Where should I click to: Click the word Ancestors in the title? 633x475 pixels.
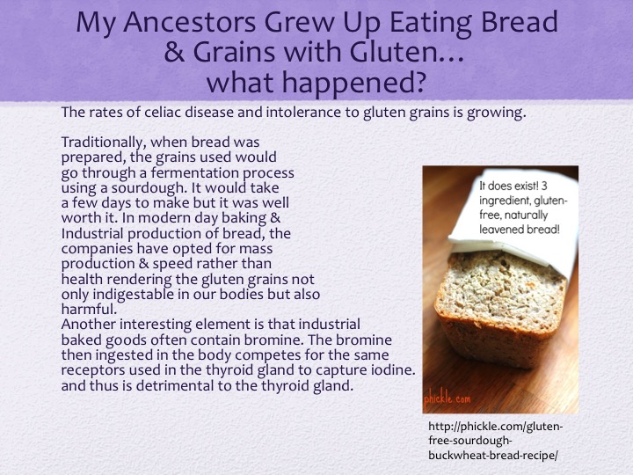click(x=189, y=22)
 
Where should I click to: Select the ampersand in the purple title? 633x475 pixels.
click(x=173, y=53)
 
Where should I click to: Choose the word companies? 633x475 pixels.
click(x=98, y=249)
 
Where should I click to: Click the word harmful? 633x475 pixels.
click(x=89, y=310)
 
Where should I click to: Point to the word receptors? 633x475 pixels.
click(x=93, y=371)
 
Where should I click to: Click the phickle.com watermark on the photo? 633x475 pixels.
click(x=447, y=398)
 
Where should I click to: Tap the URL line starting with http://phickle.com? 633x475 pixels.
click(x=495, y=427)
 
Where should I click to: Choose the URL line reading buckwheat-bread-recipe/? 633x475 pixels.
click(x=493, y=456)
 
